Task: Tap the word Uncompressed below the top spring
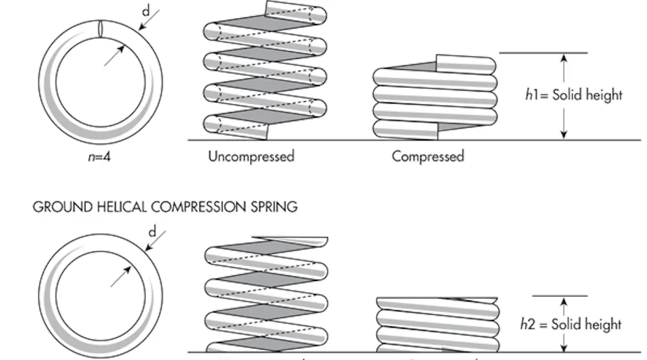pos(251,157)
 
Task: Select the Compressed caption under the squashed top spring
pos(428,157)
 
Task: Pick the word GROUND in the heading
pos(57,207)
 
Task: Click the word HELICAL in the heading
pos(117,207)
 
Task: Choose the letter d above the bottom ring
pos(153,231)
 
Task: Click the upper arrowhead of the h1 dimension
pos(564,58)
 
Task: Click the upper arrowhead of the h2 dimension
pos(564,300)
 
